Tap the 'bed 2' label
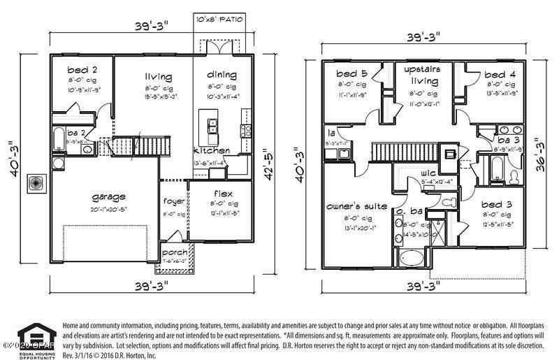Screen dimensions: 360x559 82,70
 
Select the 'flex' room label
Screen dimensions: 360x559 223,193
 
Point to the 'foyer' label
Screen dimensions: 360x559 173,201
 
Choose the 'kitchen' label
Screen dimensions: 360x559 211,150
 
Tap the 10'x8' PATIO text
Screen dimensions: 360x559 219,19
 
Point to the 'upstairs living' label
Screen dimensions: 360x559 424,75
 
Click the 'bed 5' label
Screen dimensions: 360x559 351,74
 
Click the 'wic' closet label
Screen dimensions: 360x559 428,173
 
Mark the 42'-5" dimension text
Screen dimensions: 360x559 266,164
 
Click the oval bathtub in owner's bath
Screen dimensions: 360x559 410,258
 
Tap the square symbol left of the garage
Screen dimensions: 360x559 35,184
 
